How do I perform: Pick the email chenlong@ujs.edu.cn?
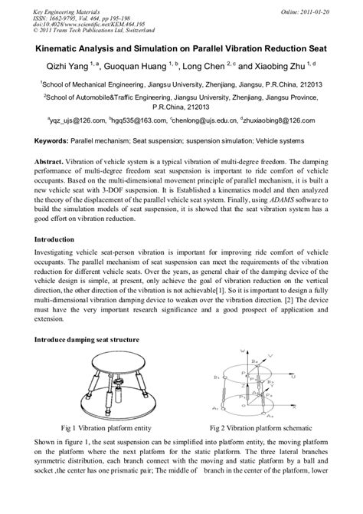(201, 120)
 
